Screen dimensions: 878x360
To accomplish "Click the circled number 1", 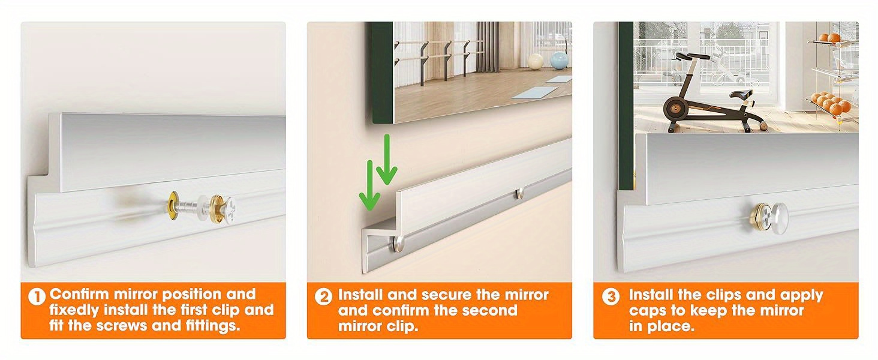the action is (37, 297).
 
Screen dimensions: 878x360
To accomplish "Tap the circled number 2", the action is (324, 297).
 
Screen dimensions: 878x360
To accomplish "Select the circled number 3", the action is (611, 297).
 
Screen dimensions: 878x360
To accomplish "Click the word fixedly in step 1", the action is (74, 311).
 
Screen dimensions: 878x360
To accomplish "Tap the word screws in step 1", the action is (122, 326).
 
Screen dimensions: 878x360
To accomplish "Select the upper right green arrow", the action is (387, 159).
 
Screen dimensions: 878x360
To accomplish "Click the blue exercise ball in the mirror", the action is (559, 61).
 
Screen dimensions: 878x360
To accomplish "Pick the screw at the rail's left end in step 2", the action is (398, 244).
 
